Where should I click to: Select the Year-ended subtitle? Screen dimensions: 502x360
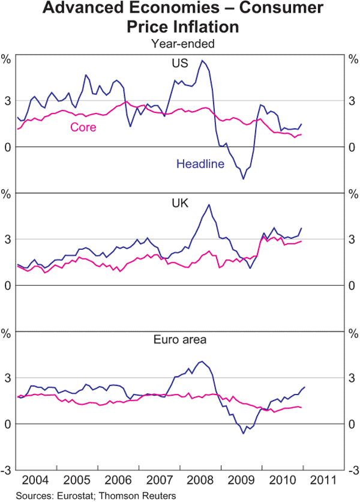tap(182, 43)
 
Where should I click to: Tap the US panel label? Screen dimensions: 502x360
tap(181, 62)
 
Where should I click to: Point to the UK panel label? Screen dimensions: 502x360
tap(181, 204)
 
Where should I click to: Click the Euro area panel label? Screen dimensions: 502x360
tap(180, 339)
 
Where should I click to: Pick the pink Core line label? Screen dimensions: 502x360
tap(83, 127)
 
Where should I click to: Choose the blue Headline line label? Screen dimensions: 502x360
tap(200, 163)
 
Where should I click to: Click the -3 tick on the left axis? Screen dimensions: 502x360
tap(7, 470)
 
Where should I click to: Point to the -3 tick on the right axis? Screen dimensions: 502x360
tap(353, 470)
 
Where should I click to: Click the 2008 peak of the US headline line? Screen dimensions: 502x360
tap(202, 60)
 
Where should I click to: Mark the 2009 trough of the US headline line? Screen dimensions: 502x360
tap(243, 179)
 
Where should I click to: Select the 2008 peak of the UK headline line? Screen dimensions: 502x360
tap(209, 205)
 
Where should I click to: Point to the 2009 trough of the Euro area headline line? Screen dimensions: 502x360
tap(243, 433)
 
